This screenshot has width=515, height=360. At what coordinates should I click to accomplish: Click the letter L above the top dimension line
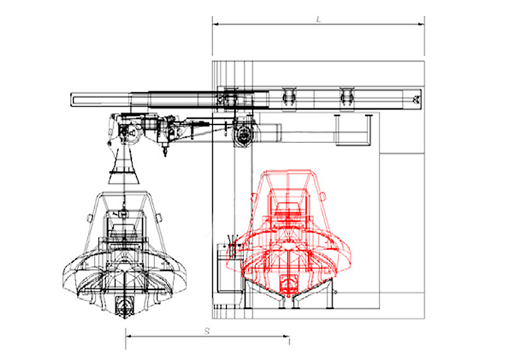[318, 20]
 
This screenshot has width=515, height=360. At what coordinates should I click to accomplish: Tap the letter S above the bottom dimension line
[206, 331]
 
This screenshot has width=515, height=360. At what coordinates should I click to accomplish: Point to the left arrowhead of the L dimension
[216, 24]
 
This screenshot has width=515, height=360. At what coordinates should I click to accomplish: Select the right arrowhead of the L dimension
[421, 24]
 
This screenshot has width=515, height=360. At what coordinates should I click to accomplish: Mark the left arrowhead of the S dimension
[129, 336]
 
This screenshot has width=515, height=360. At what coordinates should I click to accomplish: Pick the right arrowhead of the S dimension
[286, 336]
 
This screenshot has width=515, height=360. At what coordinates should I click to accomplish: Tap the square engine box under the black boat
[125, 306]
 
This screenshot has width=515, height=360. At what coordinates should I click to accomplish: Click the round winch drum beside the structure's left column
[243, 134]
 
